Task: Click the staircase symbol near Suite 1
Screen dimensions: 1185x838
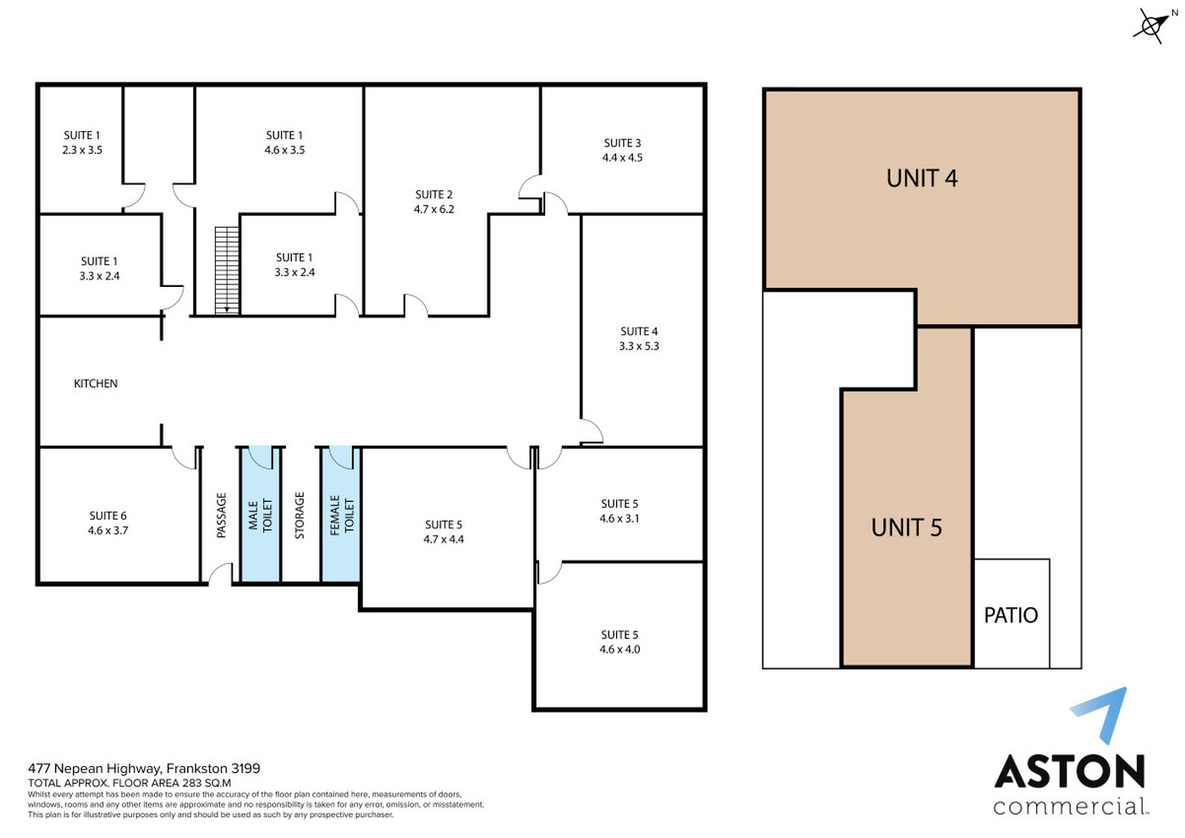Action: click(227, 270)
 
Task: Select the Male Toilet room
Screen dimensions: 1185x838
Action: click(261, 515)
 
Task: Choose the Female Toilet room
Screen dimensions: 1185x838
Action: click(341, 515)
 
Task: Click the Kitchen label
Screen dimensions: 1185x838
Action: click(96, 383)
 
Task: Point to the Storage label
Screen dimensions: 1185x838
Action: click(300, 515)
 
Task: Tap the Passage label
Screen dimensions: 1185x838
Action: click(222, 515)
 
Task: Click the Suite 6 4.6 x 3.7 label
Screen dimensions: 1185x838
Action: click(108, 523)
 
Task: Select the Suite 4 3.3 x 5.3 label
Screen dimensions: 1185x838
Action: click(639, 339)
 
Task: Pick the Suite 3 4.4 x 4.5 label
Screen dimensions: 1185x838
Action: click(622, 151)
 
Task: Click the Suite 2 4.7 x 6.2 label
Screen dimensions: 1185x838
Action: click(433, 201)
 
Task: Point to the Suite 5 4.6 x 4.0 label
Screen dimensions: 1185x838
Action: click(620, 642)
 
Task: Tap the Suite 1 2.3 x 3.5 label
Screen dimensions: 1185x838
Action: click(82, 142)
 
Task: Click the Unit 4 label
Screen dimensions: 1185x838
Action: click(922, 179)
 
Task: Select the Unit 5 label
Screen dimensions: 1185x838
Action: click(907, 528)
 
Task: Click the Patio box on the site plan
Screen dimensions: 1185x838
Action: click(1011, 613)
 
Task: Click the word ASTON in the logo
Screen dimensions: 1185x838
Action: click(1069, 771)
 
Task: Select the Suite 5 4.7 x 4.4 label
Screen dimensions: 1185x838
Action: click(444, 532)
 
